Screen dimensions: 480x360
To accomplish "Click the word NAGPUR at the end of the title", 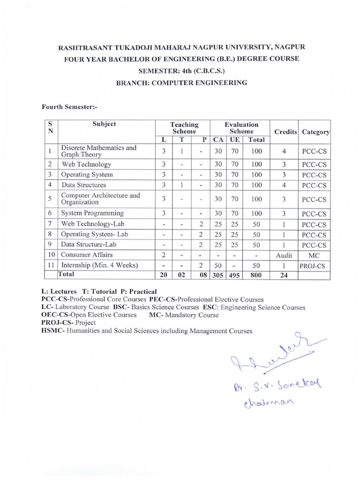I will pyautogui.click(x=285, y=47).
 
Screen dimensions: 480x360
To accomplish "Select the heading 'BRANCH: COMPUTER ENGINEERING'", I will pyautogui.click(x=181, y=82).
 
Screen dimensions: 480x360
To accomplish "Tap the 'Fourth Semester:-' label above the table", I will pyautogui.click(x=64, y=106).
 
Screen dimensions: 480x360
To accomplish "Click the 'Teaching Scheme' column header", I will pyautogui.click(x=184, y=128).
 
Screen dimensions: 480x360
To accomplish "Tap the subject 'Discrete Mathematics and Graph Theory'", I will pyautogui.click(x=98, y=151).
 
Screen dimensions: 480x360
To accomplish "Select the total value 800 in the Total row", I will pyautogui.click(x=256, y=275).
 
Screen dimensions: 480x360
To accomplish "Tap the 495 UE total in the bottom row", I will pyautogui.click(x=234, y=275).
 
